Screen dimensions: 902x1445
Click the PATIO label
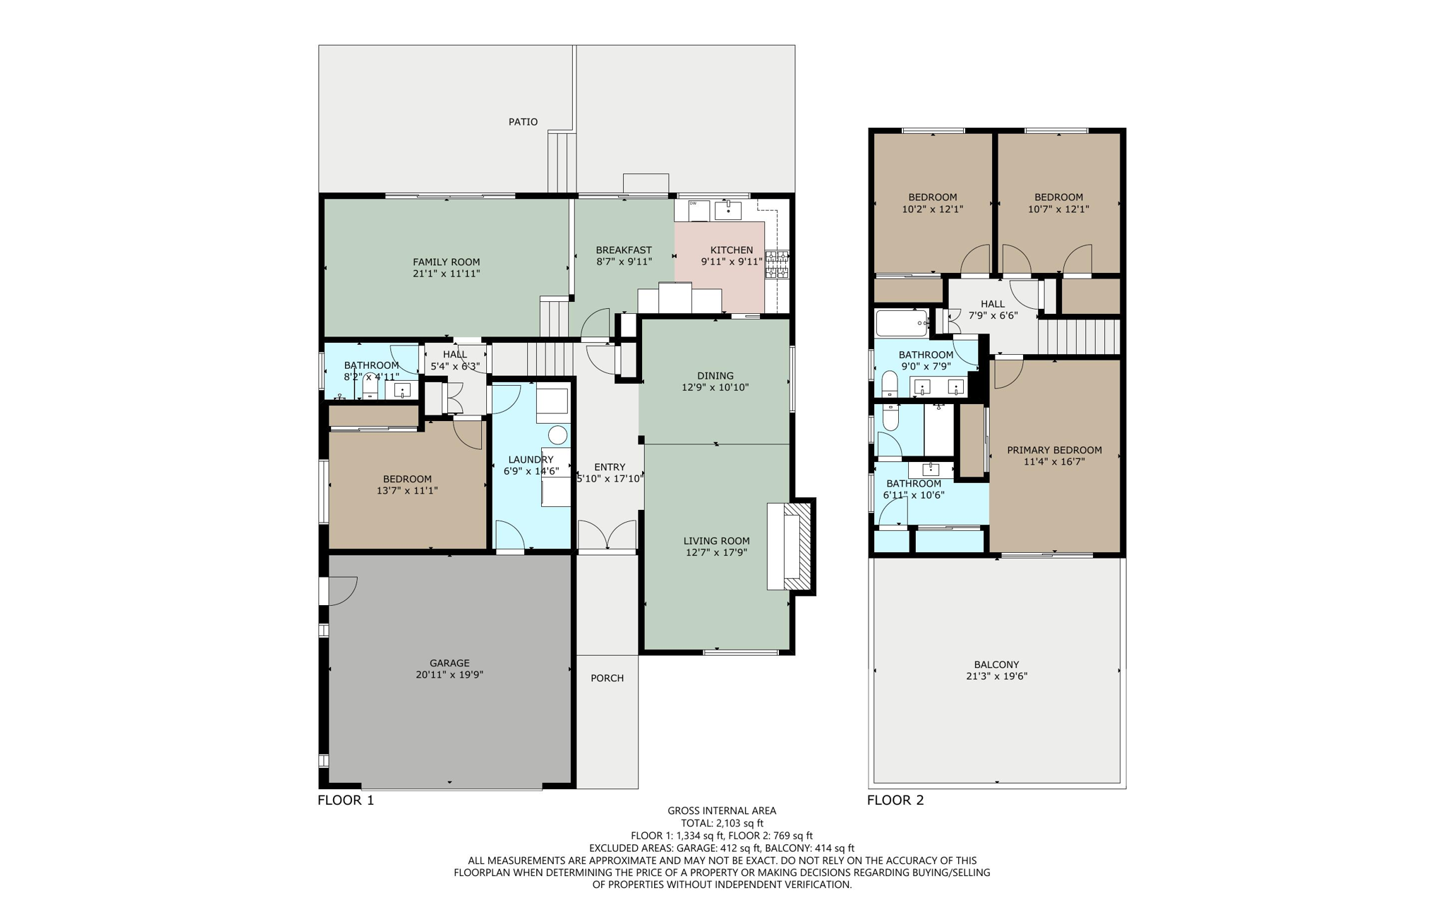tap(523, 122)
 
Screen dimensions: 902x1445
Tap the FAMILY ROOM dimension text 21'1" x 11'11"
tap(446, 274)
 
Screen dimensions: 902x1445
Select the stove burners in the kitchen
tap(777, 264)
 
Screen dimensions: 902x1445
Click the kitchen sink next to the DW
tap(727, 210)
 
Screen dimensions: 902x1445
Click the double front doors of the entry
tap(607, 535)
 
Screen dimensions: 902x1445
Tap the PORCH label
tap(607, 678)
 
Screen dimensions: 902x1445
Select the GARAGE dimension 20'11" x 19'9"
tap(449, 675)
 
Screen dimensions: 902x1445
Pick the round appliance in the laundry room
tap(558, 434)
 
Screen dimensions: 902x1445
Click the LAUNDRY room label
tap(531, 460)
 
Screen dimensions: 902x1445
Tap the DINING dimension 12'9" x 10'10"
tap(715, 387)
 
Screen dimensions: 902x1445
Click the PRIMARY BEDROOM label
tap(1054, 450)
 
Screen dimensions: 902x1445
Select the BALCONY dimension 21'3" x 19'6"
tap(996, 676)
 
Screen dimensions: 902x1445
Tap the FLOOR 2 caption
tap(895, 800)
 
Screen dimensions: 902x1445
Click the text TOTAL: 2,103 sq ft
tap(722, 823)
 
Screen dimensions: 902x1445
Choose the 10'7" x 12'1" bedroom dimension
tap(1058, 209)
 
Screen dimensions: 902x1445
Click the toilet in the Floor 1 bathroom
tap(370, 387)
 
